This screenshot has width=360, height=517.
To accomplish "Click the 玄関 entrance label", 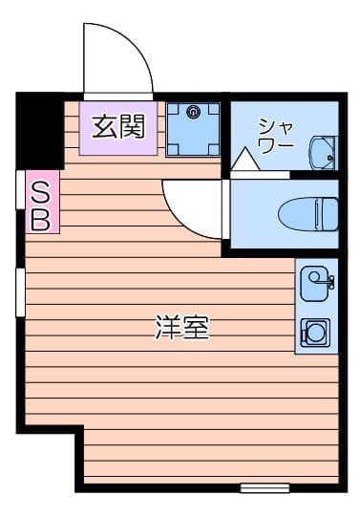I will pos(118,127).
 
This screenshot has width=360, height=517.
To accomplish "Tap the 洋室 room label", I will pos(181,328).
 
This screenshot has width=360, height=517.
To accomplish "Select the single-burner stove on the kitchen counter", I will pos(314,333).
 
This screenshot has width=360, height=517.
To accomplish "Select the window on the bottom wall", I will pos(265,487).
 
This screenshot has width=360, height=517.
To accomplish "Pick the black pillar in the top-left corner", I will pos(39,129).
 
